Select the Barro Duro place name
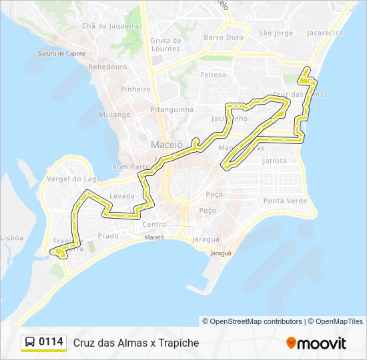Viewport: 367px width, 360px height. pyautogui.click(x=224, y=37)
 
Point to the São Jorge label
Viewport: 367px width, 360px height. pyautogui.click(x=276, y=33)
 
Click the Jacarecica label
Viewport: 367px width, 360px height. pyautogui.click(x=325, y=33)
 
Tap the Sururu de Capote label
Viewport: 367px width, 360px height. pyautogui.click(x=62, y=53)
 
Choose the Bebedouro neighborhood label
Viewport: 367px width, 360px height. pyautogui.click(x=107, y=67)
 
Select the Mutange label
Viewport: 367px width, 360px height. pyautogui.click(x=115, y=115)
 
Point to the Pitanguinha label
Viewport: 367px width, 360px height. pyautogui.click(x=172, y=109)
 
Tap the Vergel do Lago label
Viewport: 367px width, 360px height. pyautogui.click(x=74, y=179)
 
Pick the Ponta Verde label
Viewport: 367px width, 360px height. pyautogui.click(x=285, y=201)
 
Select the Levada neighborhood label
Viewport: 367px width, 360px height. pyautogui.click(x=122, y=196)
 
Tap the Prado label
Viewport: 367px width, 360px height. pyautogui.click(x=107, y=236)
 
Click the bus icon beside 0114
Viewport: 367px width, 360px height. pyautogui.click(x=30, y=342)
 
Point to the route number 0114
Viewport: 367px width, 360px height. pyautogui.click(x=51, y=342)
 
